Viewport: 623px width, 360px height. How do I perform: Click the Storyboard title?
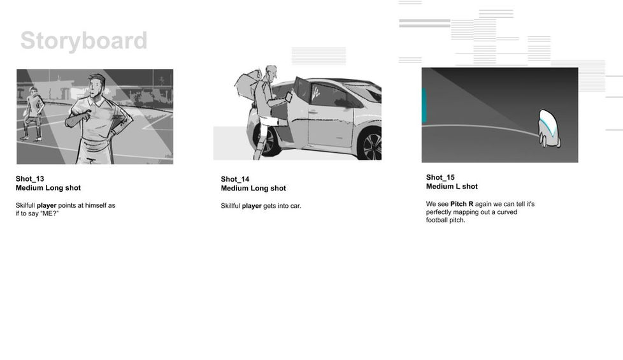click(x=84, y=41)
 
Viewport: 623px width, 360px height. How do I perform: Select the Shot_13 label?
click(x=30, y=179)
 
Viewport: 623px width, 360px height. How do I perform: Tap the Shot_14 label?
click(x=235, y=179)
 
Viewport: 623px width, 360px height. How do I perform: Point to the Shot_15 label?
click(x=440, y=177)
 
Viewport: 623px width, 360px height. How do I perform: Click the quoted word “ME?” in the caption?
click(x=49, y=213)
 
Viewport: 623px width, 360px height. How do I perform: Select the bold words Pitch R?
click(x=462, y=204)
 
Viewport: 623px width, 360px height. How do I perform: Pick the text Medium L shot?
click(x=452, y=186)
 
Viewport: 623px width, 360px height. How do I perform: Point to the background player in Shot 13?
click(x=33, y=114)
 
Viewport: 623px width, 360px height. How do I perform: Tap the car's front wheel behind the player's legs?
click(x=267, y=141)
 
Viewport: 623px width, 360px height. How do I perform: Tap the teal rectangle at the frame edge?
click(x=424, y=105)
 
